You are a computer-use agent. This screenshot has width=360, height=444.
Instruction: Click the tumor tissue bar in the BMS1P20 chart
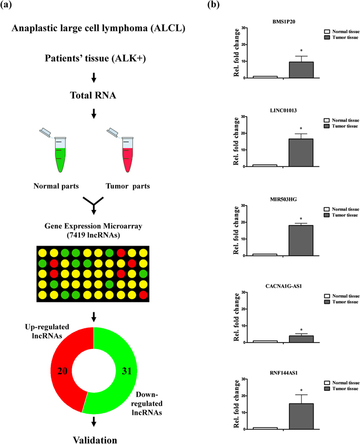[301, 70]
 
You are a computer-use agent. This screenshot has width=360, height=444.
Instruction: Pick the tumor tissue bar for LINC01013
[301, 152]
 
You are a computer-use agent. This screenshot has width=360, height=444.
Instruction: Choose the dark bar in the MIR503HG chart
[301, 240]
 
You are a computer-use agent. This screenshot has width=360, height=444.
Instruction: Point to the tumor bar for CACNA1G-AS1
[301, 339]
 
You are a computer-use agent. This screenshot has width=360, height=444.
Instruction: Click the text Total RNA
[93, 96]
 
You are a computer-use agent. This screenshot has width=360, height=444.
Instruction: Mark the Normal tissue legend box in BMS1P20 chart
[327, 32]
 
